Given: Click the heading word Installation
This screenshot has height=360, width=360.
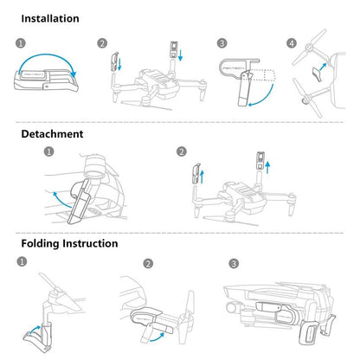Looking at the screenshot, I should pyautogui.click(x=49, y=18).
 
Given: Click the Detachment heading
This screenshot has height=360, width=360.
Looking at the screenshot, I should pyautogui.click(x=52, y=134).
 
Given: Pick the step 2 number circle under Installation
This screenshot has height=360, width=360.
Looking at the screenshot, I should pyautogui.click(x=102, y=42).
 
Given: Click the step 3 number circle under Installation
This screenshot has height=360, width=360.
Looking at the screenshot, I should pyautogui.click(x=222, y=42).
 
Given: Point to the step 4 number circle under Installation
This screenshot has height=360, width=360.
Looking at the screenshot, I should pyautogui.click(x=291, y=42).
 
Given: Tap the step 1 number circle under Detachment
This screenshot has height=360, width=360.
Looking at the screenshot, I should pyautogui.click(x=48, y=151).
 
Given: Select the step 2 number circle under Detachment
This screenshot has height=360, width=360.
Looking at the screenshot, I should pyautogui.click(x=181, y=151).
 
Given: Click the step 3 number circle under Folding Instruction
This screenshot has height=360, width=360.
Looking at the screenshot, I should pyautogui.click(x=234, y=263).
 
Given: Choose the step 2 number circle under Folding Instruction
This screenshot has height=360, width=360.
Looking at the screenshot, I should pyautogui.click(x=147, y=263).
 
